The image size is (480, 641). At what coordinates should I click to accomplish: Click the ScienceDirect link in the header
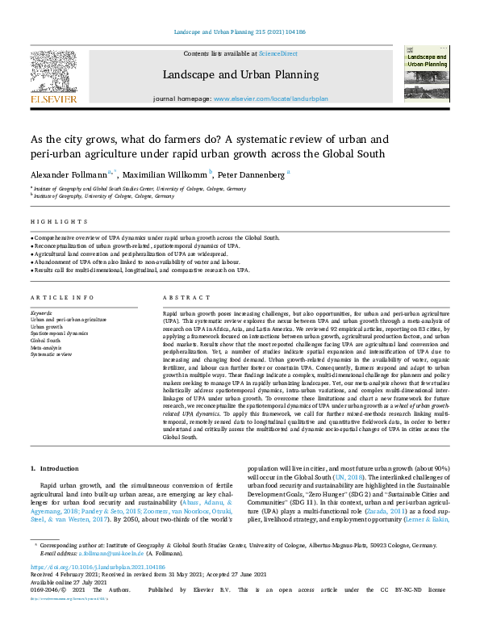pyautogui.click(x=277, y=53)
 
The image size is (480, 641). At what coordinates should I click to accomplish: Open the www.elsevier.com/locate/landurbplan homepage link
pyautogui.click(x=270, y=98)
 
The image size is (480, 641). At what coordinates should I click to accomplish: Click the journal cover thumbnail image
pyautogui.click(x=427, y=72)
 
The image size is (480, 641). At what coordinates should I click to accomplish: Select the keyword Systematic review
pyautogui.click(x=52, y=354)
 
